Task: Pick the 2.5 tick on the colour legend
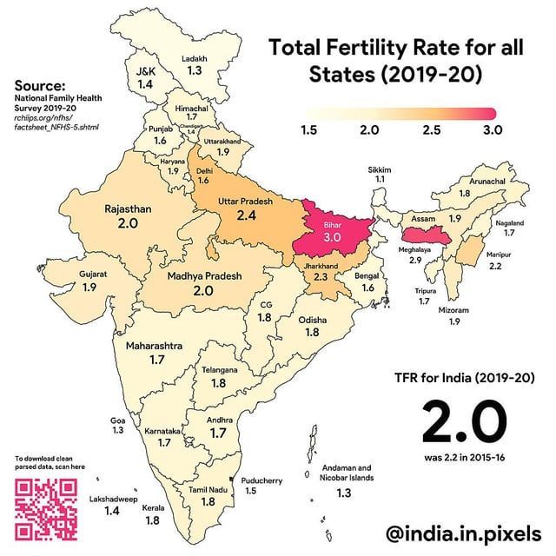[x=430, y=130]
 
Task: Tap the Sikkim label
[x=380, y=166]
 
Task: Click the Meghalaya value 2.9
[x=415, y=260]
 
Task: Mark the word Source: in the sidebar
[x=40, y=86]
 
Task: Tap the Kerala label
[x=153, y=507]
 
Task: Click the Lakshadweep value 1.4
[x=111, y=512]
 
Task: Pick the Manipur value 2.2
[x=495, y=267]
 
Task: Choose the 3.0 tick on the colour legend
[x=493, y=130]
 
